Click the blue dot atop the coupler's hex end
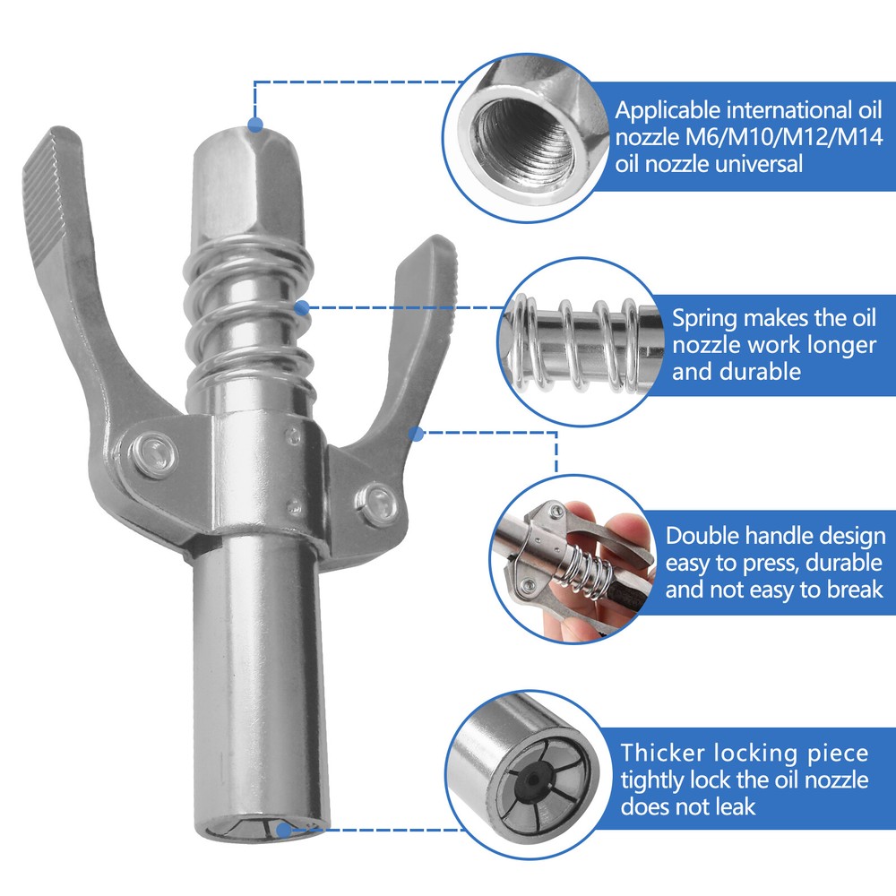(255, 125)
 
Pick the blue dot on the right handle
(416, 434)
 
